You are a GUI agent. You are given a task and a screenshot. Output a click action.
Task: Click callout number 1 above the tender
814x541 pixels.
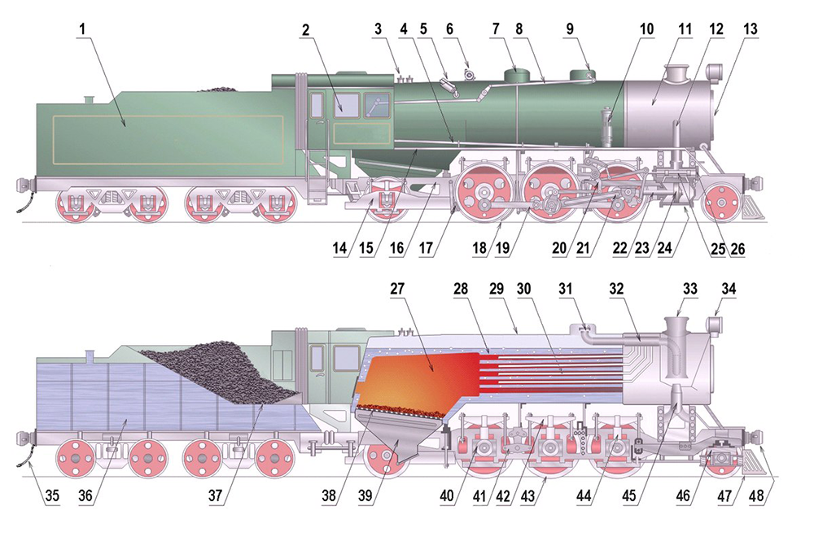(x=81, y=29)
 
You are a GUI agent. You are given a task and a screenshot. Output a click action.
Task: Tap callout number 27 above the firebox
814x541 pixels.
(x=397, y=288)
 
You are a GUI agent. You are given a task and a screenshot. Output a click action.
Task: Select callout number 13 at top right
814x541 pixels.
(x=751, y=29)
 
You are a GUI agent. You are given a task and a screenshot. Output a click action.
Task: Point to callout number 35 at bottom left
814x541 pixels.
(x=52, y=495)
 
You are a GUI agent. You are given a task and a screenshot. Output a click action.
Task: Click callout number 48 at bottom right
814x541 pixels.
(x=756, y=495)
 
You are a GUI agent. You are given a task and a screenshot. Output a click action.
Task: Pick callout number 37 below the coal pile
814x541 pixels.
(x=215, y=495)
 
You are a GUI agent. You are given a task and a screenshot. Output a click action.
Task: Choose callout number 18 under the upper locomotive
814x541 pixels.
(x=479, y=248)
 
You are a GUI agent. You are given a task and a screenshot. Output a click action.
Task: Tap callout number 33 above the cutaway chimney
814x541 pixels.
(x=690, y=288)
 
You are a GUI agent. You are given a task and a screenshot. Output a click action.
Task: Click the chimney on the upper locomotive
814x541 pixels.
(x=676, y=74)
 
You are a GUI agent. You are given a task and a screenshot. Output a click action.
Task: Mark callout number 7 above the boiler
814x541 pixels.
(x=496, y=29)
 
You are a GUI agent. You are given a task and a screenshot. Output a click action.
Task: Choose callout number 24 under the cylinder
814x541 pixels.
(x=664, y=248)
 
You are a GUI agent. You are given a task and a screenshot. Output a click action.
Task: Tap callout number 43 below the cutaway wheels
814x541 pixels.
(x=527, y=495)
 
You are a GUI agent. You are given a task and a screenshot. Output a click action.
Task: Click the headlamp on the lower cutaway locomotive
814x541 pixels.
(x=715, y=325)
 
